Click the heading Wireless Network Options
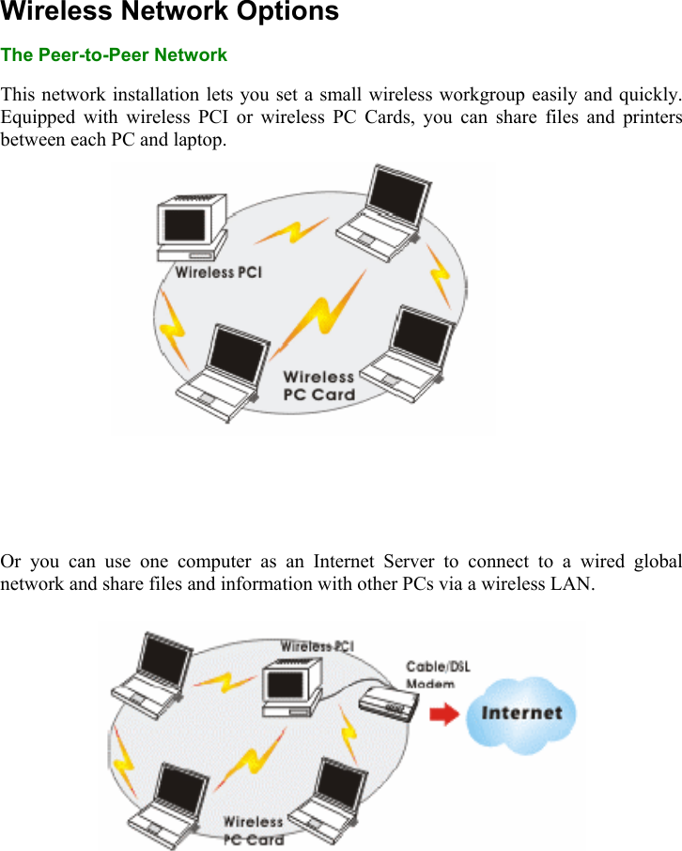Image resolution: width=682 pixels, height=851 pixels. pos(170,13)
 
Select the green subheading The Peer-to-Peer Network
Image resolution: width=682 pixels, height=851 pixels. pos(114,55)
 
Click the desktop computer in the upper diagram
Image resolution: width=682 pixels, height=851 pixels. pos(192,226)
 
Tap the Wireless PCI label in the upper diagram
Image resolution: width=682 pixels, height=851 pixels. pos(219,272)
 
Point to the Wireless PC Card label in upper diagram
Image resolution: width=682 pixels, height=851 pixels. pos(319,386)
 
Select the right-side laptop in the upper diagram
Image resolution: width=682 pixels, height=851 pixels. pos(410,352)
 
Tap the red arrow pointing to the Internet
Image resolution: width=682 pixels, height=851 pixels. pos(444,716)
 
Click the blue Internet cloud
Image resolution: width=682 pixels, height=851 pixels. pos(522,714)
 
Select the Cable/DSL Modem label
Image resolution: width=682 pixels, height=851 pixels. pos(438,674)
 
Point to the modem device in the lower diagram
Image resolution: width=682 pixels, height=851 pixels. pos(387,700)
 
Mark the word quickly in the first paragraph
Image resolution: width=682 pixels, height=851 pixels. pos(648,96)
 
